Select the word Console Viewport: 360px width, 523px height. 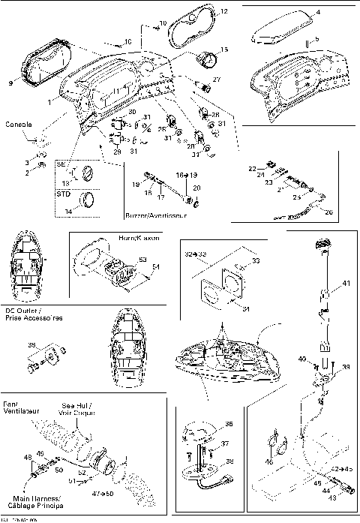click(18, 123)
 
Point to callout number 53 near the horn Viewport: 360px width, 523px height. click(142, 259)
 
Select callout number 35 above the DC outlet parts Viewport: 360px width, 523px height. click(31, 345)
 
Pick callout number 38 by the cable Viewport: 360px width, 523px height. click(229, 462)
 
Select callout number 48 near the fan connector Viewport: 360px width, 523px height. click(28, 456)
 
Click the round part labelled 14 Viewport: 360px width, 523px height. click(88, 200)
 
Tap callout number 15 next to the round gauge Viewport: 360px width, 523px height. click(224, 50)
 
